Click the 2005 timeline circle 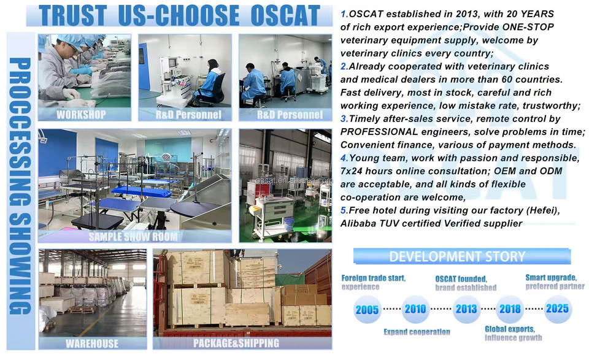pos(367,310)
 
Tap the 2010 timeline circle pos(415,309)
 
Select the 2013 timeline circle pos(466,309)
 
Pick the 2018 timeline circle pos(510,309)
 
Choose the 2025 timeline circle pos(558,308)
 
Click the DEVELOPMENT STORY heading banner pos(461,256)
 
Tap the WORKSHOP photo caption pos(81,115)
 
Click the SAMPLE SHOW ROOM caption pos(133,237)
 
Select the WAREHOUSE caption pos(92,343)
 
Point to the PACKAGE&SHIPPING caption pos(236,343)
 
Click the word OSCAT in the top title pos(285,15)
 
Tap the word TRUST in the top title pos(73,15)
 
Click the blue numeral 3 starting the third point pos(344,119)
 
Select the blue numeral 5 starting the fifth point pos(344,210)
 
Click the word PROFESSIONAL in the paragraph pos(379,132)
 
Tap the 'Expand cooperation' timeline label pos(417,332)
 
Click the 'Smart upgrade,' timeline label pos(551,277)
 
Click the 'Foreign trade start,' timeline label pos(374,278)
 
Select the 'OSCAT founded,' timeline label pos(461,279)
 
